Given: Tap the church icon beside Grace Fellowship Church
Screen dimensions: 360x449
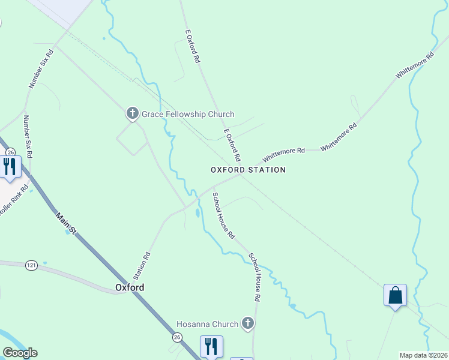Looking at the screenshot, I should (x=132, y=113).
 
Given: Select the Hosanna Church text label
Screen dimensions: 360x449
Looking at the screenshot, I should (x=207, y=325).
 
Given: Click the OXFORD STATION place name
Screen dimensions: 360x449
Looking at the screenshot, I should (x=248, y=170).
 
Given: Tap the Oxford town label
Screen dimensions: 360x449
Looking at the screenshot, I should (x=129, y=287).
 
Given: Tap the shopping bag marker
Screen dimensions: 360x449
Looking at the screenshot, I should (x=395, y=296).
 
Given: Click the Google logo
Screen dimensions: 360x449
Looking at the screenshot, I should (x=20, y=353).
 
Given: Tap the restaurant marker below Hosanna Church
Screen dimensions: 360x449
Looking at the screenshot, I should (x=211, y=347).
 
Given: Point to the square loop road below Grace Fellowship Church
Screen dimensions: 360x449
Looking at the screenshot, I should (x=131, y=139).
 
